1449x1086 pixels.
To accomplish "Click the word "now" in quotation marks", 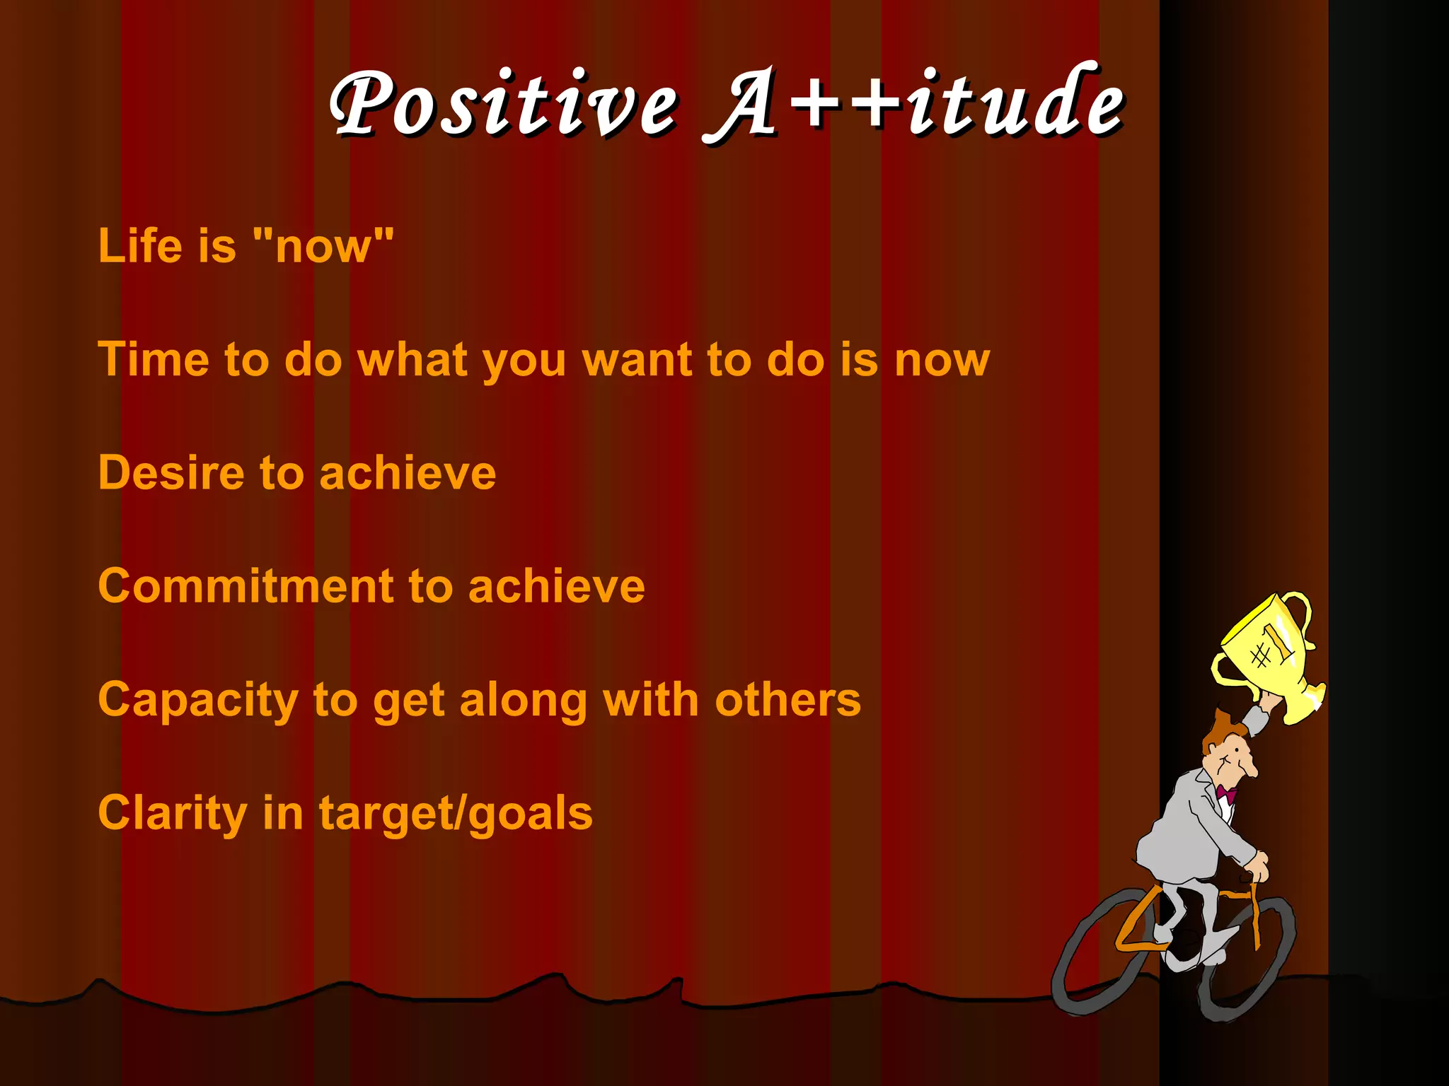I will pyautogui.click(x=323, y=246).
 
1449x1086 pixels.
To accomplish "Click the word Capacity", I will pyautogui.click(x=198, y=701).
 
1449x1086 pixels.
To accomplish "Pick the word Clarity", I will pyautogui.click(x=173, y=813).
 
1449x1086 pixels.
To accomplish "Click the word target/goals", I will pyautogui.click(x=456, y=814).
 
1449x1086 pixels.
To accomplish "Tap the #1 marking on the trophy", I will pyautogui.click(x=1271, y=648).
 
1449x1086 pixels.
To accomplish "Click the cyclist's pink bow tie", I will pyautogui.click(x=1226, y=793).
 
